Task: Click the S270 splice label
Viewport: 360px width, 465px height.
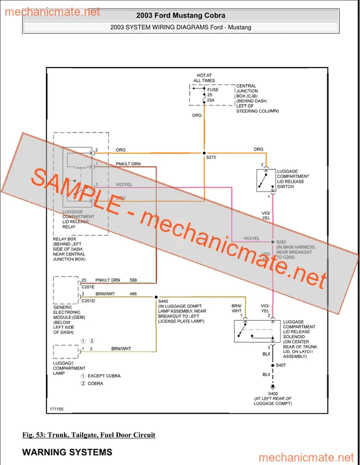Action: (211, 157)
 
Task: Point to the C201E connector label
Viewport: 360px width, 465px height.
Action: (88, 286)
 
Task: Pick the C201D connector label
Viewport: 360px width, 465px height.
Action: (88, 300)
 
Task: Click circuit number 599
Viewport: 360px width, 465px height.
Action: (133, 281)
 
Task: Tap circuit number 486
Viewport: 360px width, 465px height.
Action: (133, 294)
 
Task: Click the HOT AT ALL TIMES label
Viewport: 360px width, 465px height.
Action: (206, 78)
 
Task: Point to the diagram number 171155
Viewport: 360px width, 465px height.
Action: (57, 409)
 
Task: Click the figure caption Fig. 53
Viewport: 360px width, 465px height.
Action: (89, 435)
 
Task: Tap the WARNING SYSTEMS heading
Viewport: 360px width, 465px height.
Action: (67, 452)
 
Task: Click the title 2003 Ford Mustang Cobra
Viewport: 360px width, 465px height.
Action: (180, 16)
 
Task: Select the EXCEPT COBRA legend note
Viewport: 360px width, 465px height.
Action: (104, 376)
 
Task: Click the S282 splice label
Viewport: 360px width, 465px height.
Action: (282, 242)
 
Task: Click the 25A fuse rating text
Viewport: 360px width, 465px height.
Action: (211, 100)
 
